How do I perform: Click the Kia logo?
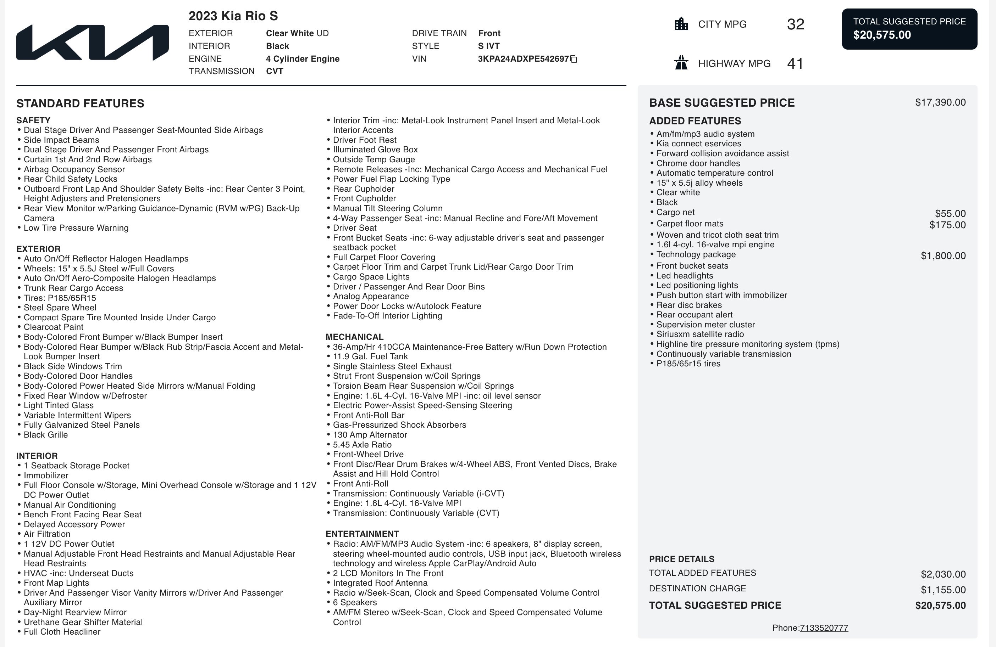(x=93, y=42)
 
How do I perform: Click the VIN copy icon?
(x=574, y=60)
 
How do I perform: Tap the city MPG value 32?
(x=795, y=24)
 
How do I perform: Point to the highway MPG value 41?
(x=795, y=63)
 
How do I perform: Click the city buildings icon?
(x=681, y=24)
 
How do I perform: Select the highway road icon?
(x=681, y=63)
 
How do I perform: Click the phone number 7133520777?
(x=824, y=628)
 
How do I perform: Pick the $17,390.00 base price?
(x=940, y=102)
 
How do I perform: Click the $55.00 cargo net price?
(x=950, y=214)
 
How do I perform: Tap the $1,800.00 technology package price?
(x=943, y=256)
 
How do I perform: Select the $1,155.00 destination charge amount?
(x=943, y=590)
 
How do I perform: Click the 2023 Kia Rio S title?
(x=233, y=16)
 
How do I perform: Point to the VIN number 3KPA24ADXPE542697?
(x=523, y=59)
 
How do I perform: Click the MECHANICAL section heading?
(x=354, y=337)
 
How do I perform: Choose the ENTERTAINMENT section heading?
(x=362, y=534)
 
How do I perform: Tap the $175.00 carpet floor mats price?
(x=947, y=225)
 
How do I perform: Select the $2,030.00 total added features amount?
(x=943, y=574)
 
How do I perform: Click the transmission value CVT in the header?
(x=275, y=71)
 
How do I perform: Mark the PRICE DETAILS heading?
(x=681, y=559)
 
